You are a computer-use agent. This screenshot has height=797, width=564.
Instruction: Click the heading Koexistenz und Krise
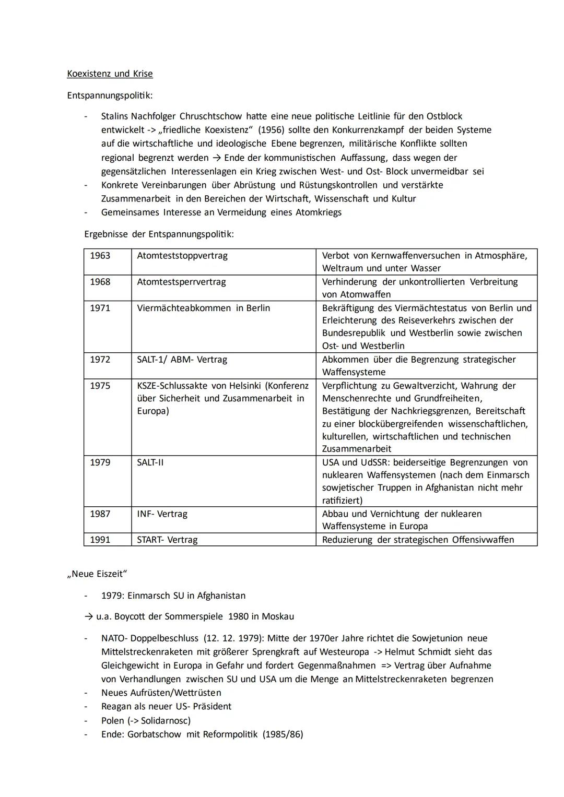pyautogui.click(x=110, y=74)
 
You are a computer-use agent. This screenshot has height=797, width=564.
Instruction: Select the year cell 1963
pyautogui.click(x=100, y=256)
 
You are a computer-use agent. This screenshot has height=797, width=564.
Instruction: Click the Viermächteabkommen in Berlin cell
pyautogui.click(x=203, y=308)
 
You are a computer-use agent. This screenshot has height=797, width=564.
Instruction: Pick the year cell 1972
pyautogui.click(x=100, y=360)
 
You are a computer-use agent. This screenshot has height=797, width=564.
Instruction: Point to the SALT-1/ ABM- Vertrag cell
pyautogui.click(x=182, y=360)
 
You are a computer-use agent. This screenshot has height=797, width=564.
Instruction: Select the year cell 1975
pyautogui.click(x=100, y=386)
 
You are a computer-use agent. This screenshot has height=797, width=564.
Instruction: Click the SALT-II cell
pyautogui.click(x=150, y=462)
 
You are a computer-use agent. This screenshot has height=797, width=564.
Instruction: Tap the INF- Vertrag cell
pyautogui.click(x=162, y=514)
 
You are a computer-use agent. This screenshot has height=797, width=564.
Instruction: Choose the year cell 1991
pyautogui.click(x=100, y=540)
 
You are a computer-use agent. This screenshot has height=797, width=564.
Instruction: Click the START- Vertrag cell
pyautogui.click(x=167, y=540)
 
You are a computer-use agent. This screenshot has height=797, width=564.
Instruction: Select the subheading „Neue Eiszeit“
pyautogui.click(x=97, y=574)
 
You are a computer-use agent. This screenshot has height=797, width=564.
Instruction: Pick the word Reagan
pyautogui.click(x=118, y=706)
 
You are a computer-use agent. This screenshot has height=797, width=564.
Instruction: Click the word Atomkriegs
pyautogui.click(x=319, y=212)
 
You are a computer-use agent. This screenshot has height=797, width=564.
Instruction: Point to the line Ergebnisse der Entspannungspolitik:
pyautogui.click(x=159, y=234)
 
